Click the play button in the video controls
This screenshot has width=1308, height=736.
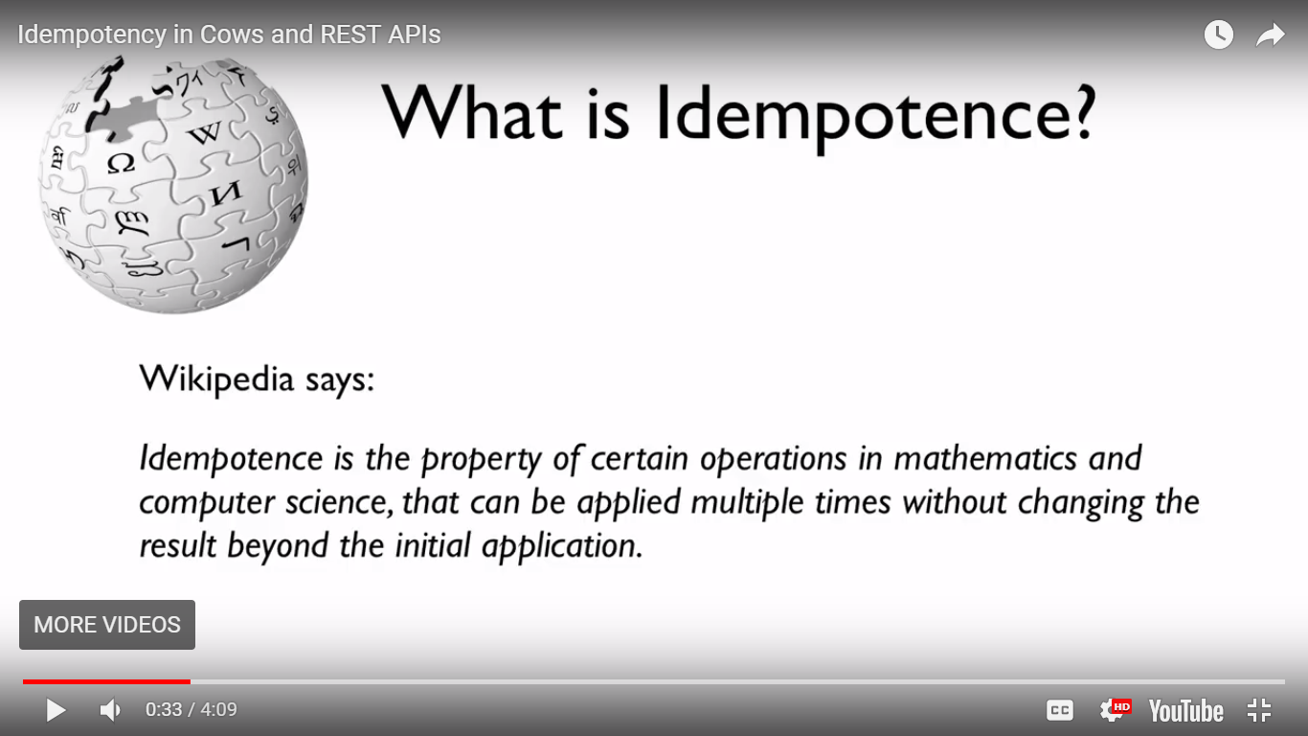coord(56,710)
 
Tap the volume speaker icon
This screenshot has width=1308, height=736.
coord(110,710)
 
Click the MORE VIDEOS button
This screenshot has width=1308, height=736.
coord(107,625)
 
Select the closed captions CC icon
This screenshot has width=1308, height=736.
coord(1059,710)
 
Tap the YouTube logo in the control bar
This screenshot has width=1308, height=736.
coord(1185,710)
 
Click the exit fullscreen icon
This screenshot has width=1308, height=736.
coord(1258,710)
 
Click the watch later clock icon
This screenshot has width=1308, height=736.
coord(1218,35)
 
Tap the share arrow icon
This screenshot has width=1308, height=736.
coord(1270,35)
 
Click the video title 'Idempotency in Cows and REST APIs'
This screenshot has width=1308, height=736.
coord(229,34)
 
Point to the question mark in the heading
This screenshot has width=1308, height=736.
coord(1081,113)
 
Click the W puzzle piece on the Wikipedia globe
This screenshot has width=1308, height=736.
coord(204,133)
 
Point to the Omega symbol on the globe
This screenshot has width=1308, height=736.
coord(121,163)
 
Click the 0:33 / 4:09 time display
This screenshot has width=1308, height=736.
coord(192,710)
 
